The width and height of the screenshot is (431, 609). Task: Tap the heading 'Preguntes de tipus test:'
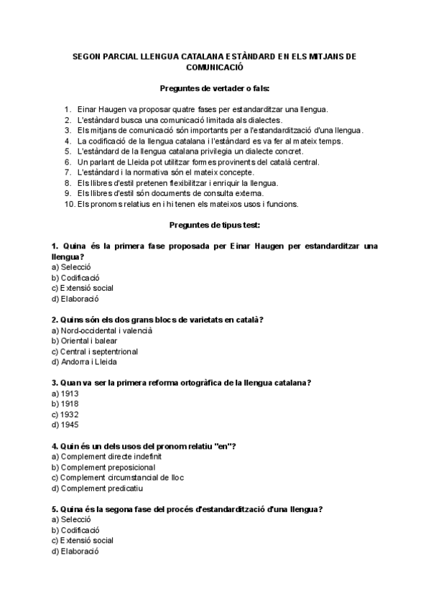tap(215, 225)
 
